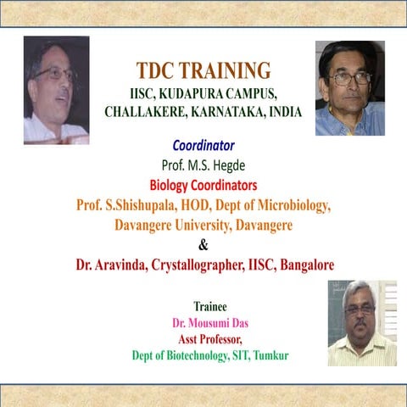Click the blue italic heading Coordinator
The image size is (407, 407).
(x=203, y=145)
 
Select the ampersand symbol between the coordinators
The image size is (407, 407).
(x=203, y=246)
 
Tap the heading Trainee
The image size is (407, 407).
(x=210, y=306)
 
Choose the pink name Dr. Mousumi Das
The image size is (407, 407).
(x=210, y=323)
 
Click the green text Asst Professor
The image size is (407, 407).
(x=210, y=339)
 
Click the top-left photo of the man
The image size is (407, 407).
(x=56, y=89)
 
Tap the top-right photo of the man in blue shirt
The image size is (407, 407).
(x=350, y=88)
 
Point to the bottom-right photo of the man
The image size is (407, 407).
(x=361, y=323)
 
